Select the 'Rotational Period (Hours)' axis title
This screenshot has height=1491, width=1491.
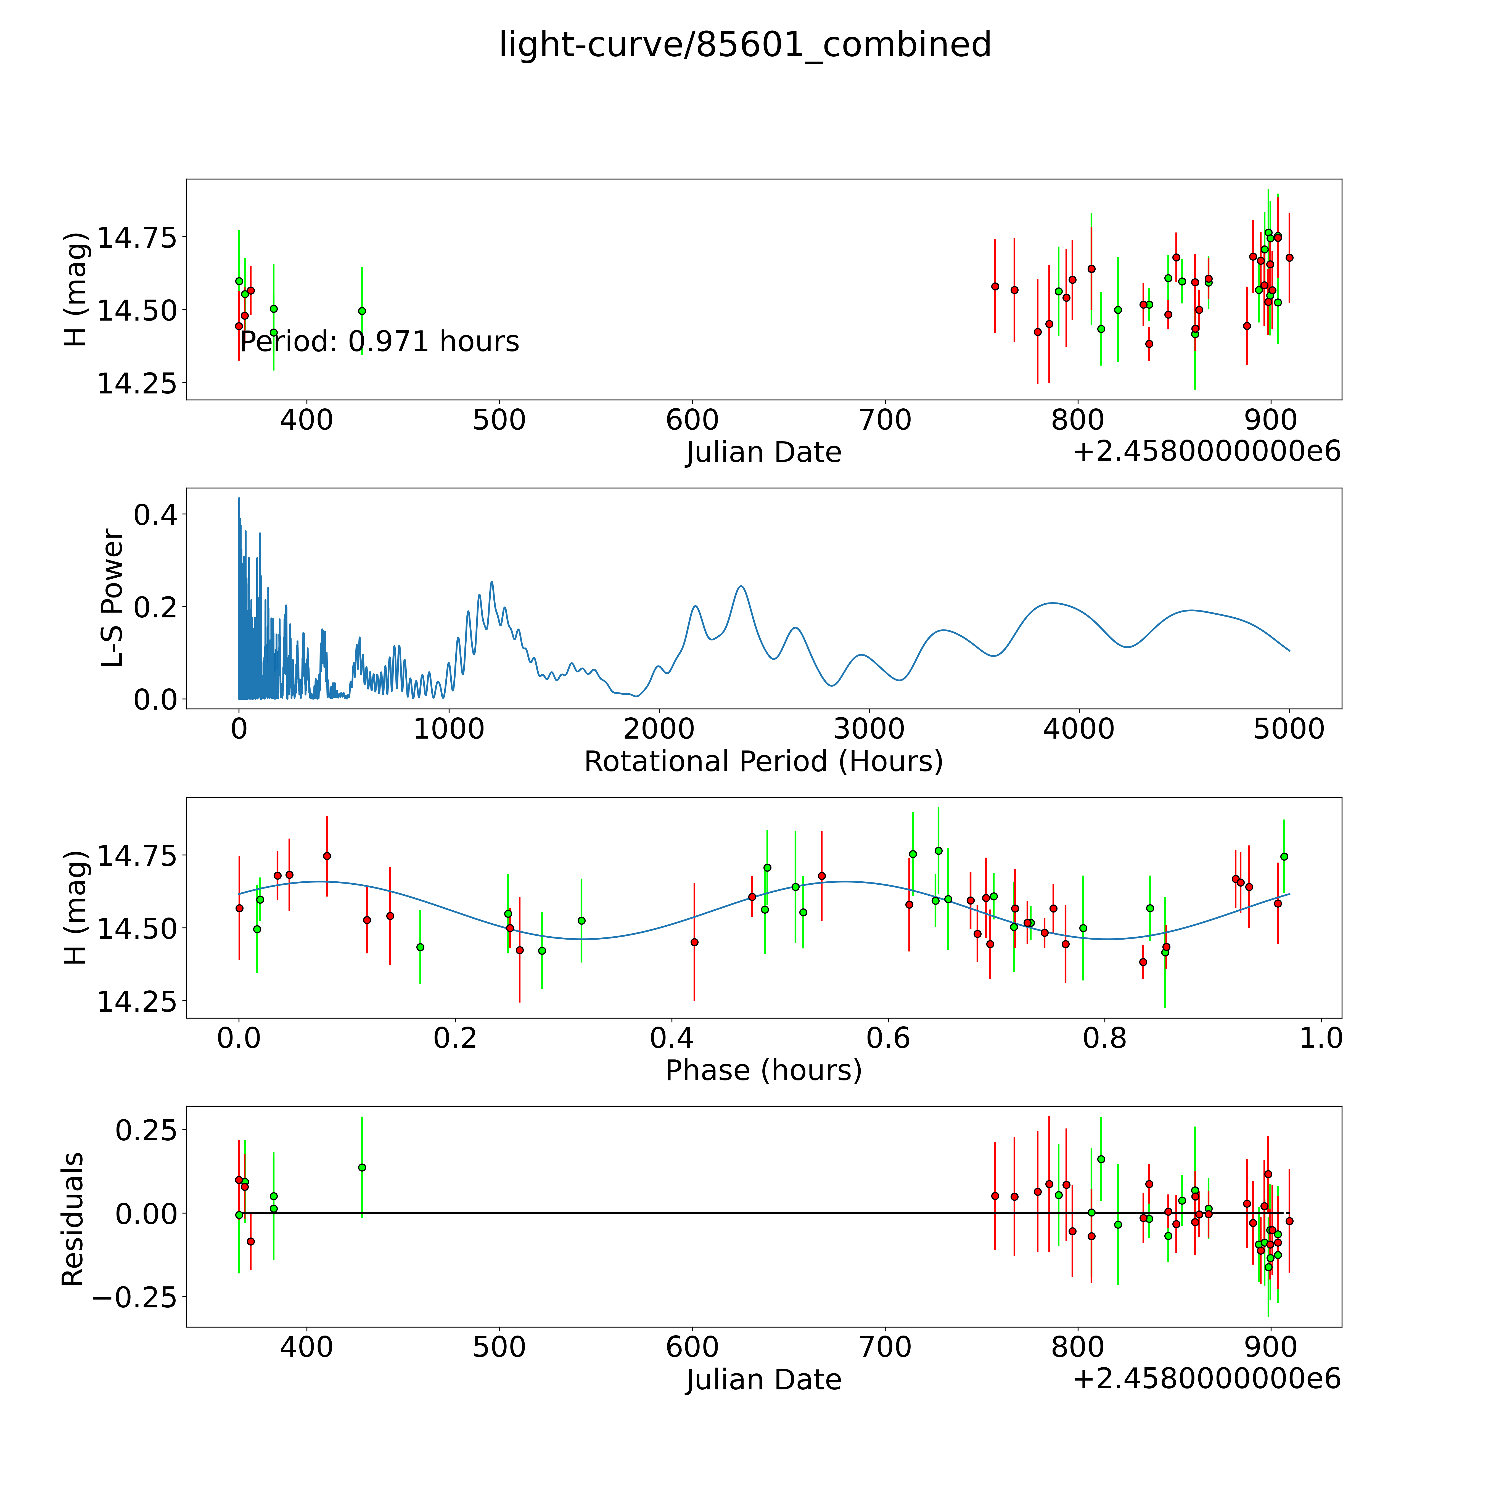763,762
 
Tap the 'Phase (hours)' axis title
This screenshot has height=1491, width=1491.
763,1070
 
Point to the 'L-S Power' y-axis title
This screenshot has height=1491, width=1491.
113,598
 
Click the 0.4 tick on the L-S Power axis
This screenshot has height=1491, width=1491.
155,515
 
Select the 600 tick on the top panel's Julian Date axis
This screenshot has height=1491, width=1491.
692,421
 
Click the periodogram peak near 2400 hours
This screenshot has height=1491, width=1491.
741,586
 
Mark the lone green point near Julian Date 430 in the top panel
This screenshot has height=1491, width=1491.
362,311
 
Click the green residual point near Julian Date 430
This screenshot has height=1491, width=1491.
362,1168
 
